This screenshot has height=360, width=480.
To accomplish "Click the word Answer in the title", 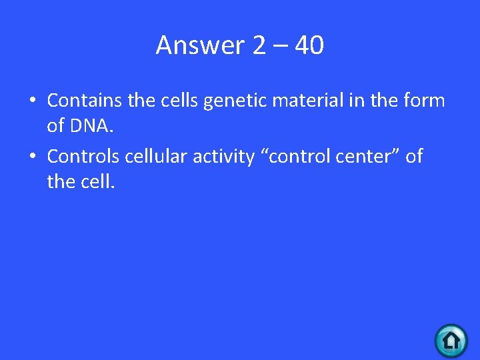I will [201, 45].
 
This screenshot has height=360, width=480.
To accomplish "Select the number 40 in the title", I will [309, 45].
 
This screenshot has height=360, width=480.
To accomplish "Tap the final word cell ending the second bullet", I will [99, 181].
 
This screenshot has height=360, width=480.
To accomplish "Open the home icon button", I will [451, 341].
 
